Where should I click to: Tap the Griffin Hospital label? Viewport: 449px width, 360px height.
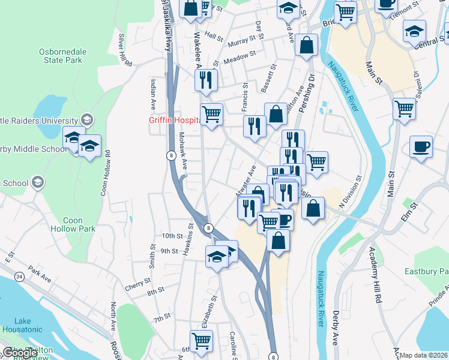point(174,120)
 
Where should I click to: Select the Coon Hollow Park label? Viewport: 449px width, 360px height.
point(73,224)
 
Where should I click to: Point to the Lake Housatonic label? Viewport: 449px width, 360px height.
point(22,325)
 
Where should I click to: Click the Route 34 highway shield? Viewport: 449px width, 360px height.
point(20,277)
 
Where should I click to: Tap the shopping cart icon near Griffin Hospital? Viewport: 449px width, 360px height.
point(211,113)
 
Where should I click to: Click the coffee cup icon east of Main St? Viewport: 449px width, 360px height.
point(421,146)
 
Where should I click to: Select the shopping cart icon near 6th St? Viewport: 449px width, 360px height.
point(202,341)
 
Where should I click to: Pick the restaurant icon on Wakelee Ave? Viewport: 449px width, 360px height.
point(206,80)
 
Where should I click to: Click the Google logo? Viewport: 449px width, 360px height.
point(19,353)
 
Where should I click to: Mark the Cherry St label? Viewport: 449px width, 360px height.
point(138,281)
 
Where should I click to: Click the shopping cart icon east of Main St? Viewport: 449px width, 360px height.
point(405,109)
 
